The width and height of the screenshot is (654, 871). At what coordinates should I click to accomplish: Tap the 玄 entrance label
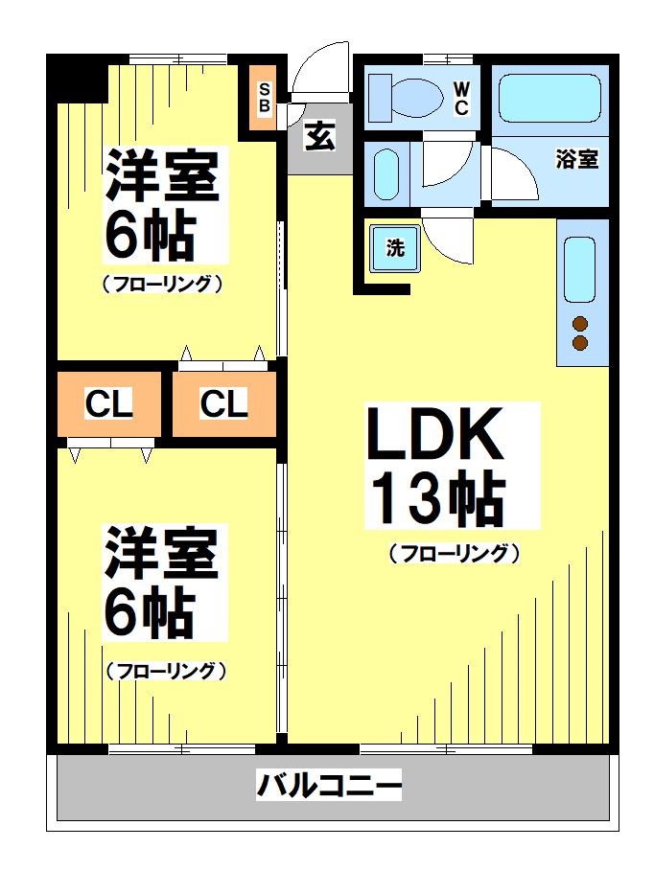[320, 137]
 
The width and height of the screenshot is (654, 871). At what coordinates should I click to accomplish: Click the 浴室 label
[576, 160]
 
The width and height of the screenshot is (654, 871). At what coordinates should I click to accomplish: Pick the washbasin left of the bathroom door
[385, 173]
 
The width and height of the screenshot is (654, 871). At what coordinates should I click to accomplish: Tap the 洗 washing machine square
[395, 247]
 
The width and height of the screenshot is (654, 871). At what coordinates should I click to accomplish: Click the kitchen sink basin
[579, 270]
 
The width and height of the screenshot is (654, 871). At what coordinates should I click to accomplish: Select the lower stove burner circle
[579, 343]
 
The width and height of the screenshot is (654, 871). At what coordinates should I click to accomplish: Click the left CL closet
[108, 404]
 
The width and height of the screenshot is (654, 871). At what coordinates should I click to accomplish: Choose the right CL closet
[223, 404]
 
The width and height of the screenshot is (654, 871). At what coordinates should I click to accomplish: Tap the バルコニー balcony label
[328, 787]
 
